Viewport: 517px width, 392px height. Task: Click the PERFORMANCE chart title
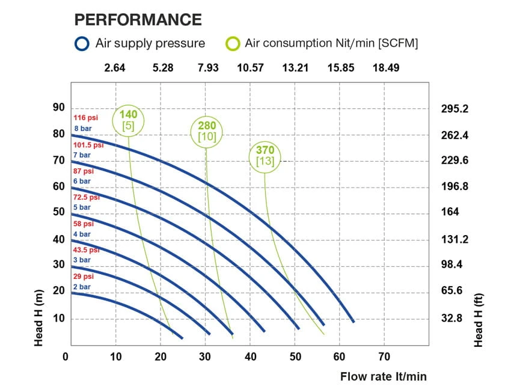click(138, 19)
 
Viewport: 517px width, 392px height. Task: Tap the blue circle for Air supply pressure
click(82, 43)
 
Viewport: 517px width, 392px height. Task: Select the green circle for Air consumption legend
click(233, 43)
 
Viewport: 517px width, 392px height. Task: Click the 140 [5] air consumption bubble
click(129, 120)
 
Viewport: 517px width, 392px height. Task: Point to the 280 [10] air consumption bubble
click(207, 130)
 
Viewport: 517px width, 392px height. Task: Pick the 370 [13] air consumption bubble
click(265, 156)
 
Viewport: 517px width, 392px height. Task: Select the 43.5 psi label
click(86, 250)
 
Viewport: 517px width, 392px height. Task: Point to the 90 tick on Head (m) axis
click(58, 108)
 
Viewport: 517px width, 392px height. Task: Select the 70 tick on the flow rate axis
click(384, 357)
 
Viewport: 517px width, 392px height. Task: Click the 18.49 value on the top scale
click(385, 67)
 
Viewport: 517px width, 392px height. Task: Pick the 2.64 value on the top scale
click(115, 67)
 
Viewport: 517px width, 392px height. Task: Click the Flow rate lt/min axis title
click(384, 377)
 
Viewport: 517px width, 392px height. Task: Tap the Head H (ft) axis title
click(479, 320)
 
